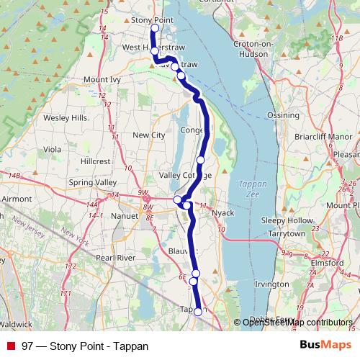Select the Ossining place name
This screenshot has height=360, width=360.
[x=283, y=114]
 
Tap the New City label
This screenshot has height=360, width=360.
[x=149, y=135]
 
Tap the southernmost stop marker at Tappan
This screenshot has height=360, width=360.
[x=198, y=312]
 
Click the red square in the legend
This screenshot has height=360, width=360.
[x=11, y=346]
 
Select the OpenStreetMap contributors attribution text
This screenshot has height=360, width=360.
[x=297, y=323]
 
